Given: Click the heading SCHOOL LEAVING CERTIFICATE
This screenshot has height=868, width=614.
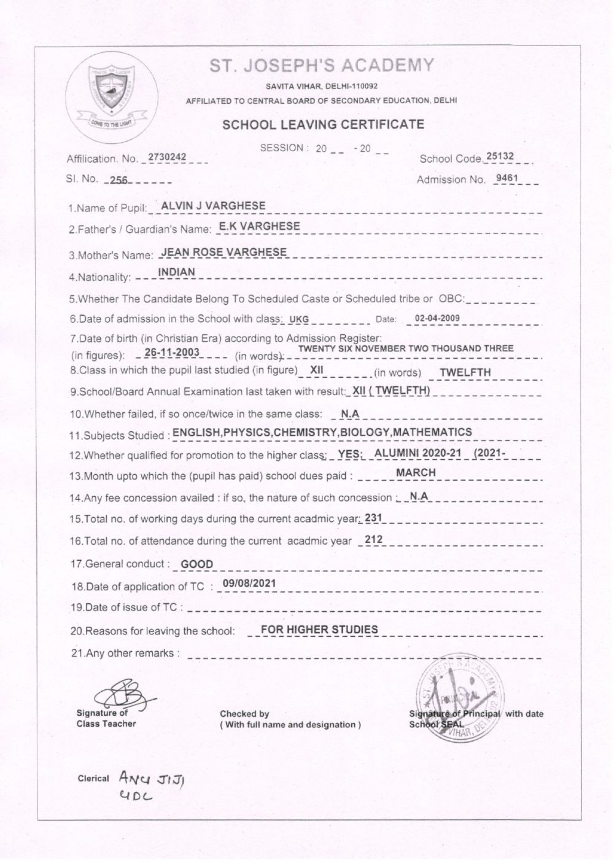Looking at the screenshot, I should pyautogui.click(x=323, y=125).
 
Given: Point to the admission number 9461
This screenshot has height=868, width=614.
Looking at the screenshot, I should pyautogui.click(x=509, y=179).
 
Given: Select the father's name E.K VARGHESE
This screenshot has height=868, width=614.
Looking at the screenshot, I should pyautogui.click(x=260, y=226).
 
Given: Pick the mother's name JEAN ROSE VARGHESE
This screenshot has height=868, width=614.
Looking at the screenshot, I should pyautogui.click(x=223, y=252).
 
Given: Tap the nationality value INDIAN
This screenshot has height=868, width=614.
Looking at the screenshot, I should pyautogui.click(x=176, y=272).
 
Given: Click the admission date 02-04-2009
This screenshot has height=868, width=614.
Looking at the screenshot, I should pyautogui.click(x=437, y=318).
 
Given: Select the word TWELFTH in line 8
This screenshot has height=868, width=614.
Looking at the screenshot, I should pyautogui.click(x=465, y=372).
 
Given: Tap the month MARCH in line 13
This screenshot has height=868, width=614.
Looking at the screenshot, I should pyautogui.click(x=416, y=472).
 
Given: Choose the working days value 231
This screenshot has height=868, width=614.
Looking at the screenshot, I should pyautogui.click(x=373, y=518).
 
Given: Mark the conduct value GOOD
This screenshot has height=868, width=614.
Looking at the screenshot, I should pyautogui.click(x=197, y=564).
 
